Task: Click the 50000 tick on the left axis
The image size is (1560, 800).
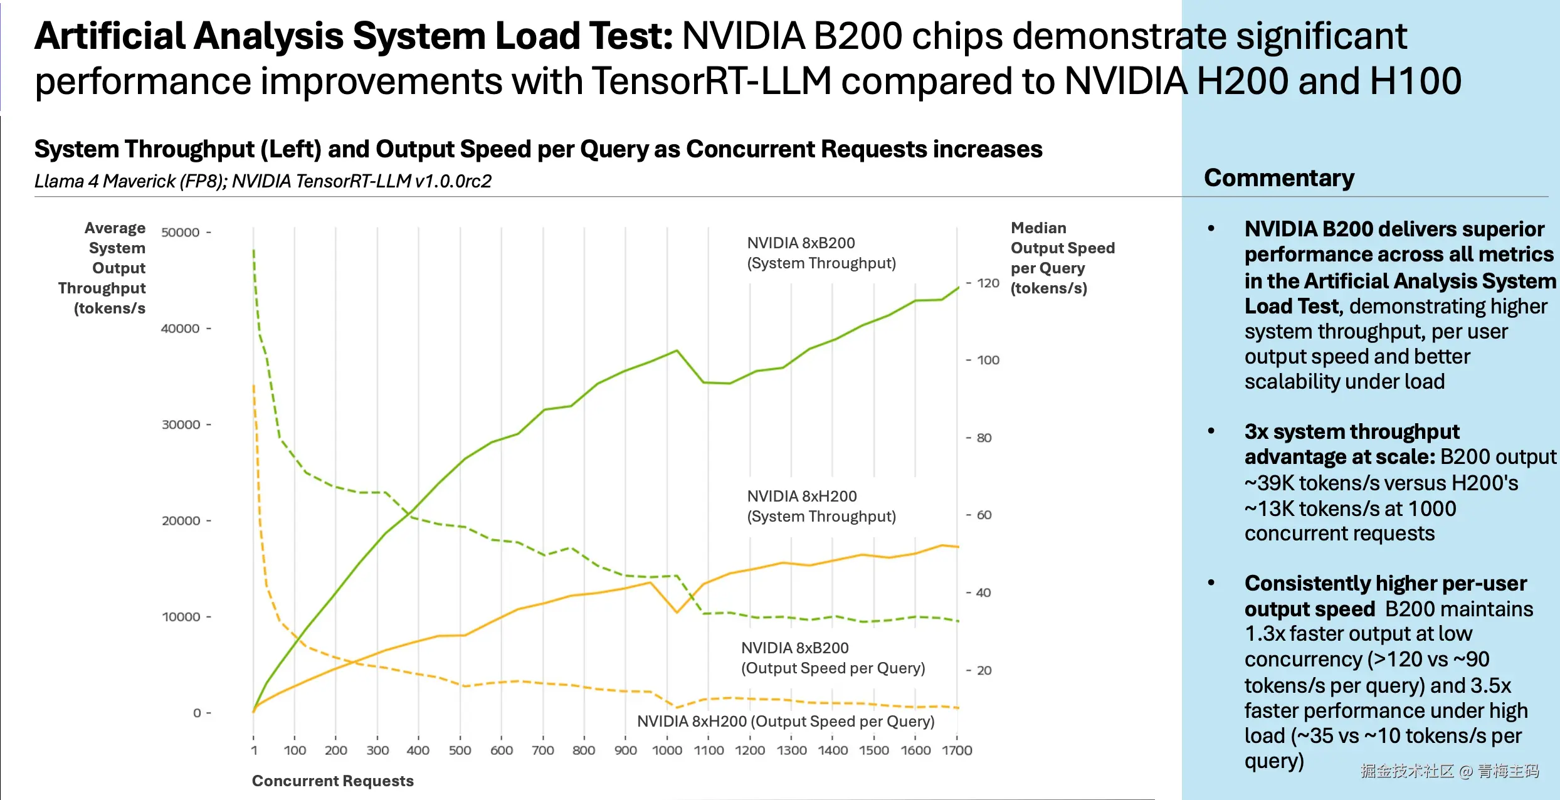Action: click(x=181, y=233)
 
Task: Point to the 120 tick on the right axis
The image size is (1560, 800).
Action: click(x=988, y=283)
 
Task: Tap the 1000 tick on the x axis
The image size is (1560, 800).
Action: click(x=667, y=750)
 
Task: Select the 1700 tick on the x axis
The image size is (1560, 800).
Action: click(x=957, y=750)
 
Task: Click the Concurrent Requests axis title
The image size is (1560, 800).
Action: click(x=332, y=781)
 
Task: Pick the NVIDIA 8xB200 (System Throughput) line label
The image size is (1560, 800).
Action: click(x=821, y=253)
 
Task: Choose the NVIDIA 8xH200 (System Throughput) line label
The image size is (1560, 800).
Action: click(x=821, y=507)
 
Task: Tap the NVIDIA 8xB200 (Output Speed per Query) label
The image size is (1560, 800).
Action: click(x=833, y=658)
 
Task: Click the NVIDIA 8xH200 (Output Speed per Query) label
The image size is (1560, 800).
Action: click(x=786, y=722)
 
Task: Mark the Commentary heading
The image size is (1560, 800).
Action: click(x=1279, y=178)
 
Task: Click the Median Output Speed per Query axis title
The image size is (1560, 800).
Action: click(x=1062, y=258)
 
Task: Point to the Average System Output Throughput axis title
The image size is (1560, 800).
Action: click(x=103, y=268)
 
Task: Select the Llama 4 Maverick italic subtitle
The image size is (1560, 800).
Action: click(x=263, y=182)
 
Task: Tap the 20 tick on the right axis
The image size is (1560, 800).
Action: click(x=984, y=671)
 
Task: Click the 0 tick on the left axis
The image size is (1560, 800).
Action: click(x=197, y=713)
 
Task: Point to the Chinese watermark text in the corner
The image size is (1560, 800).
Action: click(x=1449, y=771)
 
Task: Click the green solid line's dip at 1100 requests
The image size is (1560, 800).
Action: click(x=704, y=382)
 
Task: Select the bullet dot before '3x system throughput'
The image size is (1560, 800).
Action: click(x=1211, y=431)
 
